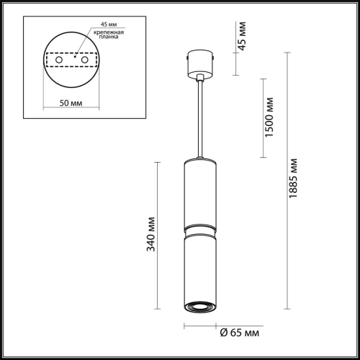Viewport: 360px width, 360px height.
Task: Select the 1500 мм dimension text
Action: [x=269, y=118]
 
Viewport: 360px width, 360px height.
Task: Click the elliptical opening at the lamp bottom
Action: [x=199, y=307]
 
